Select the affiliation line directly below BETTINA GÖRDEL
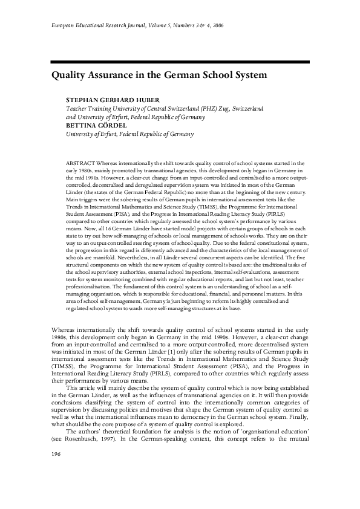point(130,134)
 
